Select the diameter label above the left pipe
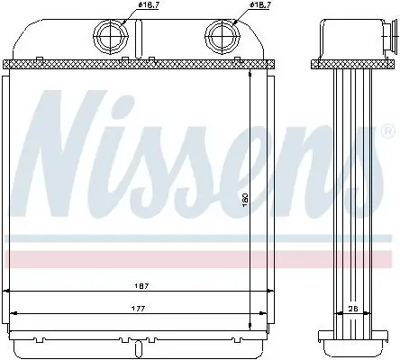pos(149,6)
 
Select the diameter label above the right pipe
pos(261,6)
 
